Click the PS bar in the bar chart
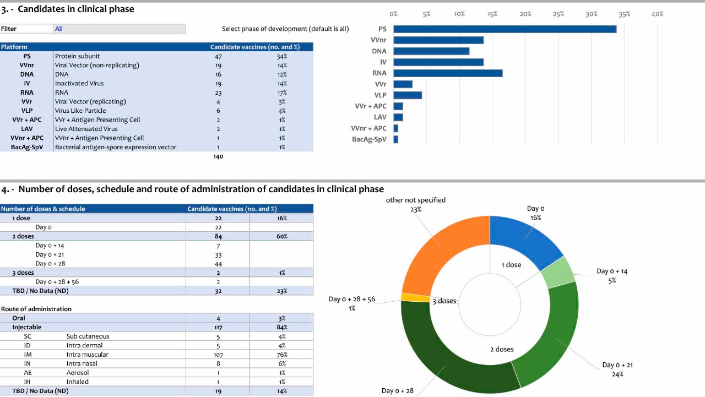(505, 29)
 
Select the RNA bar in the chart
(448, 73)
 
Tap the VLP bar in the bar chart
(408, 95)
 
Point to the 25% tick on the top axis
(558, 14)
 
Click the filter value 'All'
(59, 29)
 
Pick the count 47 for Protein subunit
(218, 56)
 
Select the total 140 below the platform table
(218, 157)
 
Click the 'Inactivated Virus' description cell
(79, 84)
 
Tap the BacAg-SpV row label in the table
(27, 147)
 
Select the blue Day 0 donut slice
(523, 234)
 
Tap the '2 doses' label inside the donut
(502, 349)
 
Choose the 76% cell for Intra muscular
(281, 355)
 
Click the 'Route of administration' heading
(36, 309)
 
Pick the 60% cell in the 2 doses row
(281, 236)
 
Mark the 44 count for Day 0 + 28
(218, 264)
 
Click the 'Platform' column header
(14, 47)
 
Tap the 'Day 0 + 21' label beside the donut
(617, 365)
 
